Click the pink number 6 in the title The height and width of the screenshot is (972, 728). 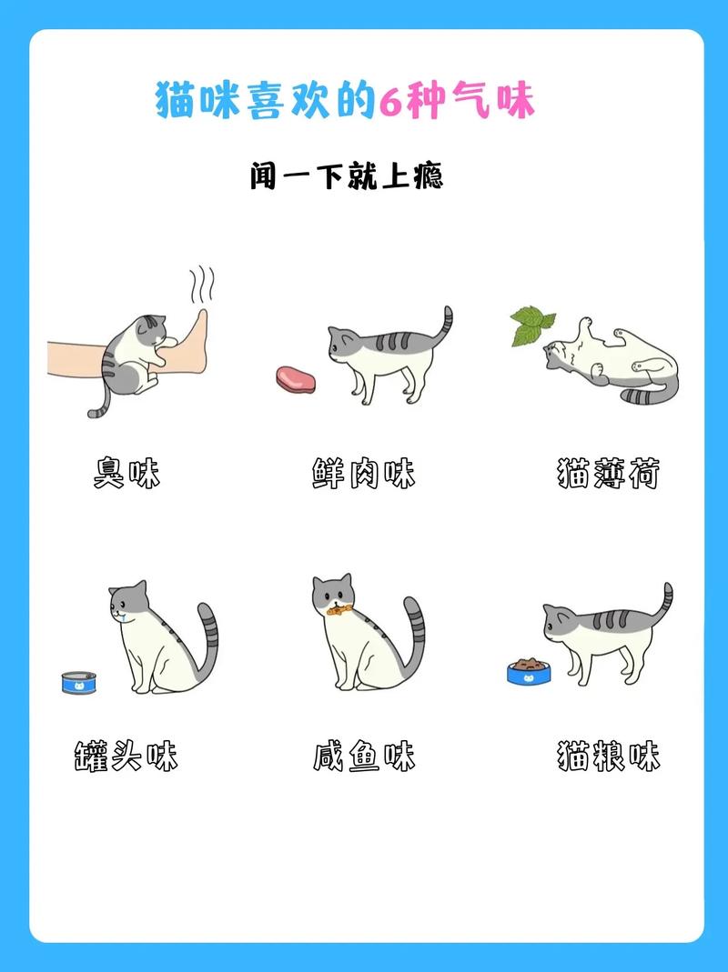point(390,100)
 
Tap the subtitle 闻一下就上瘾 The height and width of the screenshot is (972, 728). point(347,175)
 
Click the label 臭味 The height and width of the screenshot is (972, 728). point(126,474)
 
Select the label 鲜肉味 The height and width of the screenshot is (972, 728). point(363,474)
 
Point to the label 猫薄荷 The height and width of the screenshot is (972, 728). point(607,474)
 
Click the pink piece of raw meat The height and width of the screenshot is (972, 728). point(295,377)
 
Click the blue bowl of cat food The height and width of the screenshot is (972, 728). point(528,671)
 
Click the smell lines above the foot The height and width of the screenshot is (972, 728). point(202,284)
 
